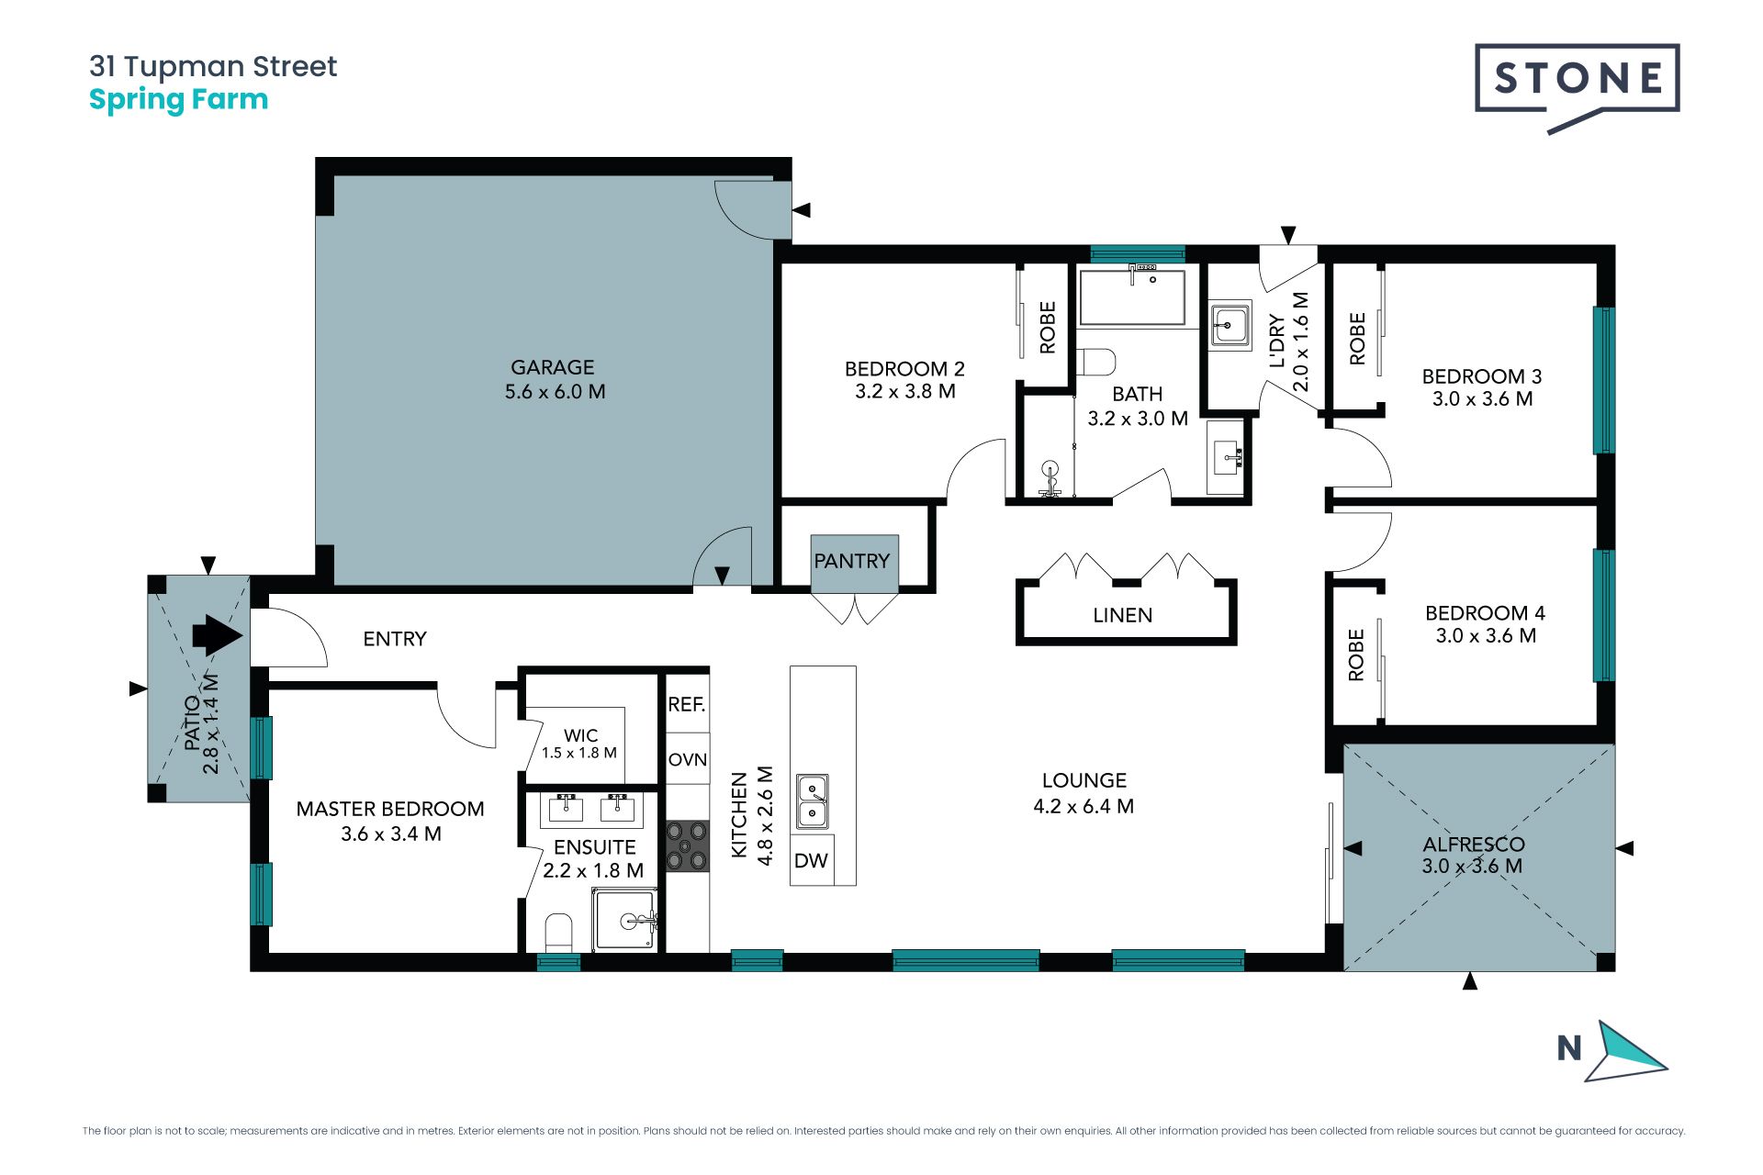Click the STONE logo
click(x=1577, y=87)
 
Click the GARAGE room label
click(x=553, y=367)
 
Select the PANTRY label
click(x=852, y=561)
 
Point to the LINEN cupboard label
click(x=1122, y=615)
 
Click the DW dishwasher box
click(x=812, y=860)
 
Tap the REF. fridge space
click(x=687, y=704)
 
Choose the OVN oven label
click(x=687, y=759)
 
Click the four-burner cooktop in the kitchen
click(x=687, y=845)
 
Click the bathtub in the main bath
click(x=1132, y=297)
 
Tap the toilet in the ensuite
click(x=558, y=932)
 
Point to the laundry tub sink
click(x=1230, y=325)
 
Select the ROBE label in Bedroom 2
click(x=1048, y=328)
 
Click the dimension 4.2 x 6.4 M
click(x=1084, y=806)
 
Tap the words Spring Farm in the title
click(x=178, y=100)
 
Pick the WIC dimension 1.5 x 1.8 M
click(x=579, y=753)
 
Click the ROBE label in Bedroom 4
click(x=1356, y=655)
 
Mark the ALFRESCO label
click(x=1474, y=845)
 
